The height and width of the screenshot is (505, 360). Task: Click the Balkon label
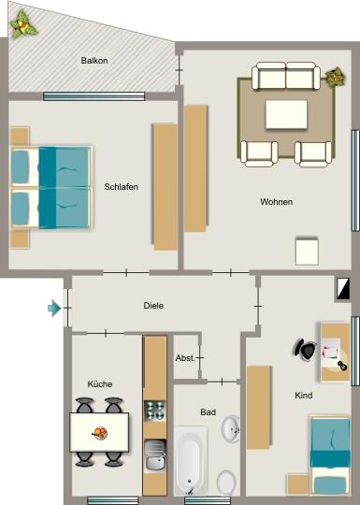point(94,62)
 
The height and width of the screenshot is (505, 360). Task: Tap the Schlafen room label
point(122,187)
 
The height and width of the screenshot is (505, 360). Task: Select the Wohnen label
point(277,202)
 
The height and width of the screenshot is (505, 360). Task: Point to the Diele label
point(154,306)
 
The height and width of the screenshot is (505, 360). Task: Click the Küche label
point(100,384)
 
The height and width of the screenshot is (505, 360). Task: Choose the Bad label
point(208,411)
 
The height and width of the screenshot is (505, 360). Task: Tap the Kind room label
point(303,396)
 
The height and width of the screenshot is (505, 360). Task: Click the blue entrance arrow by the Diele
point(55,307)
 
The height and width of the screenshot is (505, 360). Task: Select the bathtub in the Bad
point(191,460)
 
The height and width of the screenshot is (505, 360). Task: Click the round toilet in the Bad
point(226,482)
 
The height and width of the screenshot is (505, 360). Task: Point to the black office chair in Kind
point(305,348)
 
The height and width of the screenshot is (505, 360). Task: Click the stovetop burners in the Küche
point(154,411)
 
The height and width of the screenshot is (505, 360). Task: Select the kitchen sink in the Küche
point(155,455)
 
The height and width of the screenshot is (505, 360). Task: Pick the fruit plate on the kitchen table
point(99,432)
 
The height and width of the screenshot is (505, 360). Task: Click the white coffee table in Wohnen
point(286,115)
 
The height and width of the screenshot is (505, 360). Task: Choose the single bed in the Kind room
point(330,455)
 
